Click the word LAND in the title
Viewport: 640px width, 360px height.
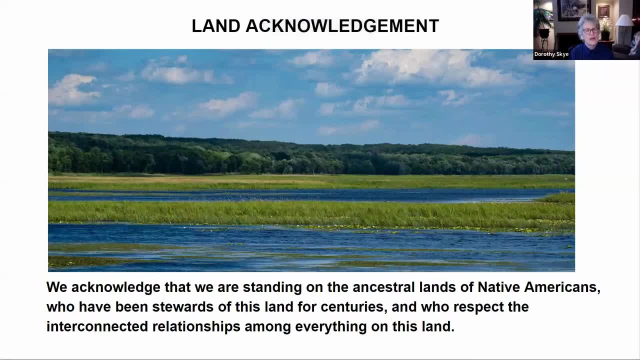216,26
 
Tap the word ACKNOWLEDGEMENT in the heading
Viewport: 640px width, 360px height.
342,26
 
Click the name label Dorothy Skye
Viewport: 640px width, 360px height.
551,54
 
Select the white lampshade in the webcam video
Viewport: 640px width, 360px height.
624,20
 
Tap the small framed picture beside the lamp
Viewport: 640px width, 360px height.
603,11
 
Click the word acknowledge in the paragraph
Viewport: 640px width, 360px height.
115,287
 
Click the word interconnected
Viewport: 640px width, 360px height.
97,326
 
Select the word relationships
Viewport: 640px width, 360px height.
196,327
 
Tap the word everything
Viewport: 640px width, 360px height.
331,327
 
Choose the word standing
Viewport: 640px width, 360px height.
272,287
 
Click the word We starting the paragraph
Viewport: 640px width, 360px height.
57,287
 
